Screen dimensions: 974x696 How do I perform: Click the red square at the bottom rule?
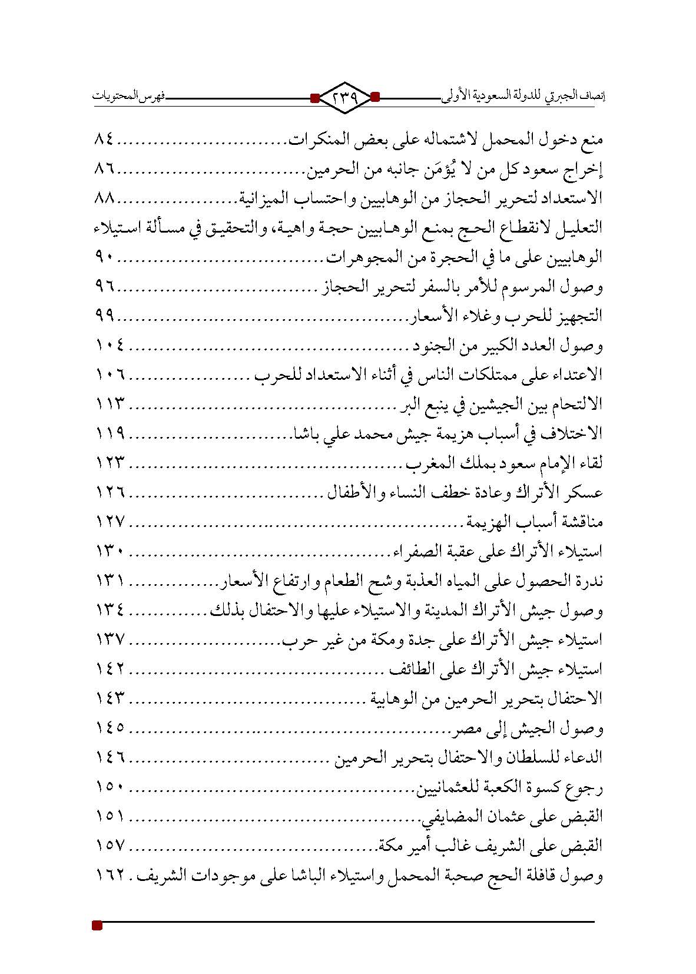98,926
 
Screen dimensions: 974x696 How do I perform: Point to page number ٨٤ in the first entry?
106,141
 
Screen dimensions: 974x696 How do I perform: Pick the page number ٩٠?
106,257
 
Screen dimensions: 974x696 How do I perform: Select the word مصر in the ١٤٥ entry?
466,730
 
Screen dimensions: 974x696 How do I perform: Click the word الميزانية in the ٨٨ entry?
263,199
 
